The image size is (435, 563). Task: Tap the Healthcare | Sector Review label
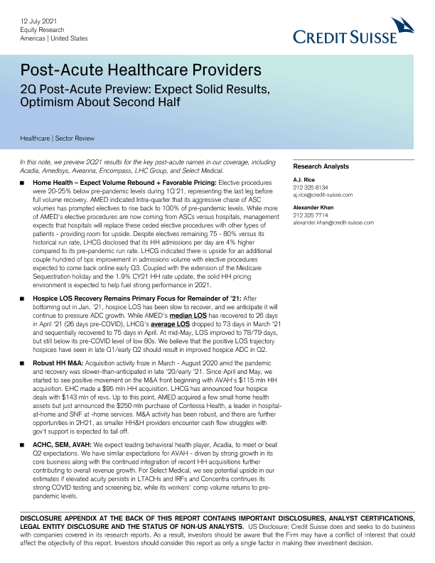[x=58, y=138]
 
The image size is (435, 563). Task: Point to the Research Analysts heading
[x=321, y=166]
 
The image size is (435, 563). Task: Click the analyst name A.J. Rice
[x=304, y=180]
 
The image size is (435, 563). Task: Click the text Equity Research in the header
[x=36, y=31]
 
